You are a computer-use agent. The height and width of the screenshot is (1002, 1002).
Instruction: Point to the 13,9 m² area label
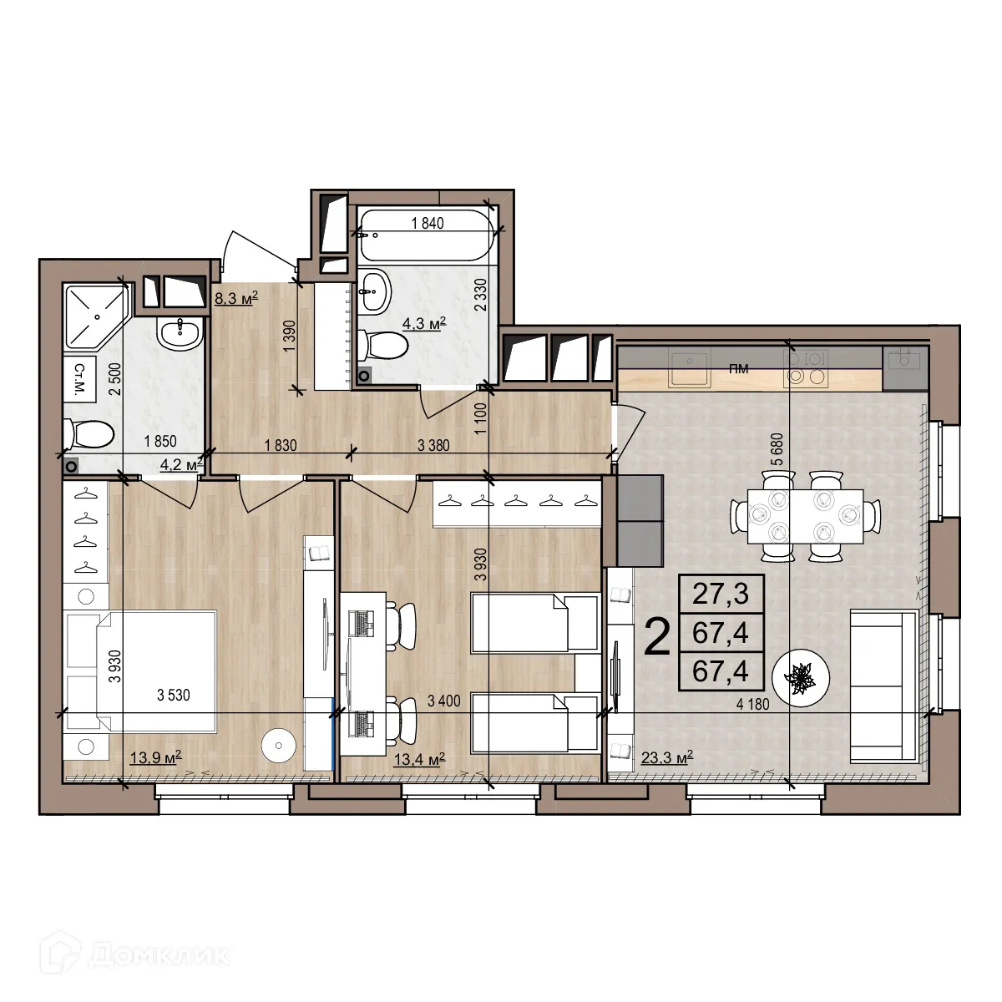[156, 758]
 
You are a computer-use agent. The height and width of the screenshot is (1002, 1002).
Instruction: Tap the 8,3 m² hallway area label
[236, 298]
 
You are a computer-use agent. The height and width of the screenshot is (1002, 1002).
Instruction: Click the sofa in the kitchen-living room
[884, 686]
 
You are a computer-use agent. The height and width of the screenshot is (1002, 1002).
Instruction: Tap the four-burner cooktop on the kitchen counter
[806, 368]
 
